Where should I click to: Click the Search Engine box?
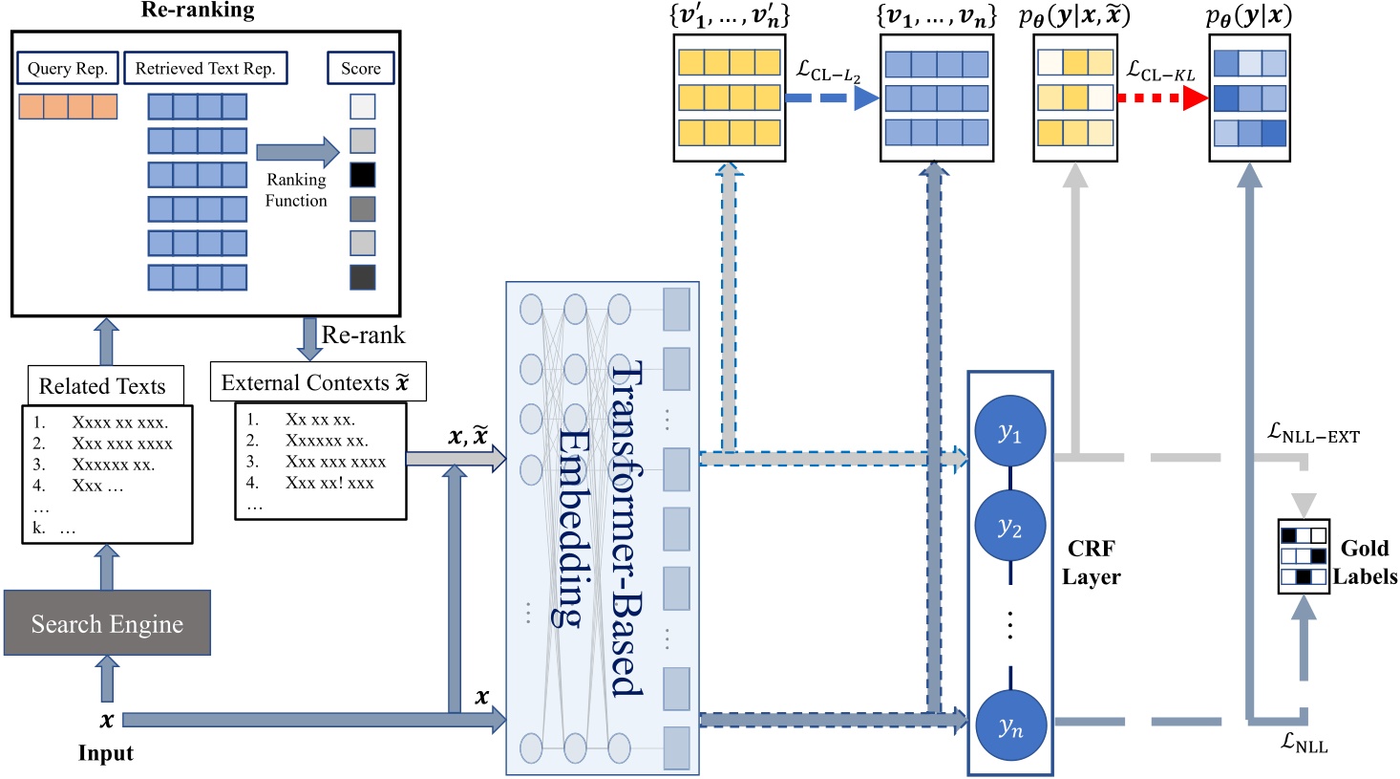[x=107, y=623]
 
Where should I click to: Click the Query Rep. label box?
[x=67, y=68]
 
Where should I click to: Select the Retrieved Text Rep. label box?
[x=205, y=68]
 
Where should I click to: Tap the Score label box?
[x=360, y=68]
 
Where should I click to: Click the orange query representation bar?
[x=68, y=106]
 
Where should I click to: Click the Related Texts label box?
[x=102, y=386]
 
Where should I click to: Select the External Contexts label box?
[x=316, y=382]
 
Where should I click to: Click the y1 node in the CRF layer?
[x=1009, y=432]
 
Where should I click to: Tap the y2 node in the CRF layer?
[x=1009, y=527]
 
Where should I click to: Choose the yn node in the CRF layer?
[x=1009, y=725]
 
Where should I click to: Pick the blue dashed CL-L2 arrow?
[x=831, y=97]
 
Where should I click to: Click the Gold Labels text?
[x=1365, y=562]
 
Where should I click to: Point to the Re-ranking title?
[x=198, y=11]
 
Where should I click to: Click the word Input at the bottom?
[x=105, y=753]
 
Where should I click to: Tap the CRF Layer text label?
[x=1091, y=562]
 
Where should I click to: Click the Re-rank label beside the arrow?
[x=363, y=335]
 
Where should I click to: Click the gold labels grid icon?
[x=1304, y=556]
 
